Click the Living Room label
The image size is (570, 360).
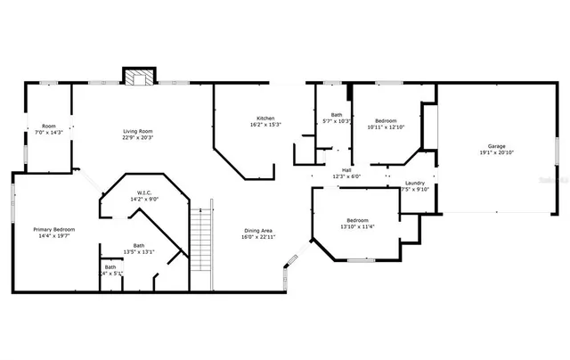[138, 131]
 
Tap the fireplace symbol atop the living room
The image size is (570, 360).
[138, 78]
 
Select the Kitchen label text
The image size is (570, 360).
[265, 119]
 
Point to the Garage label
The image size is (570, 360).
[496, 146]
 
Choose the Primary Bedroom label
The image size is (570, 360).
[54, 230]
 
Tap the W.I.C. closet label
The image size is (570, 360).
[143, 192]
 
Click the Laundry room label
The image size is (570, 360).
[415, 183]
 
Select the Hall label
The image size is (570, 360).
[346, 170]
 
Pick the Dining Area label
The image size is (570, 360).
[259, 231]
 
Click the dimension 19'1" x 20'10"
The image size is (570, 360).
[496, 153]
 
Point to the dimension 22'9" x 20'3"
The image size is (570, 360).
[138, 138]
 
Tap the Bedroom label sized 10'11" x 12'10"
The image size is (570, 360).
[386, 120]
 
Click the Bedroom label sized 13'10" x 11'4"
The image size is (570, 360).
[358, 220]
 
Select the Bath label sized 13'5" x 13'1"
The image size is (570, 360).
[139, 245]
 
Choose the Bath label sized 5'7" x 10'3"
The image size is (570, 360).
[337, 114]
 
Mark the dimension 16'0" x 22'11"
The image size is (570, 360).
[259, 238]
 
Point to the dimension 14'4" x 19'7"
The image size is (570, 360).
[54, 237]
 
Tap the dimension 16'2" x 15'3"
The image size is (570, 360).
[265, 126]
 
